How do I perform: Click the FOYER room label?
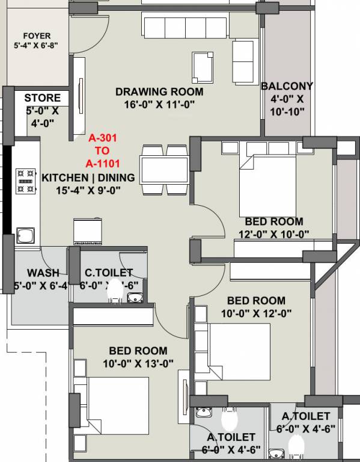click(x=32, y=36)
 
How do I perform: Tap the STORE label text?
click(x=42, y=98)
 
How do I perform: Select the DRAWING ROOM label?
click(x=159, y=92)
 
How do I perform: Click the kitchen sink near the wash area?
click(x=25, y=234)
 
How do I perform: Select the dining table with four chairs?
click(x=163, y=170)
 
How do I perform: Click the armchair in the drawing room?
click(x=203, y=67)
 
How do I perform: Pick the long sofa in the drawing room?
click(x=184, y=27)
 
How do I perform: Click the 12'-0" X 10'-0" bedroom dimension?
click(x=273, y=235)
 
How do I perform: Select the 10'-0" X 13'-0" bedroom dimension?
click(x=138, y=363)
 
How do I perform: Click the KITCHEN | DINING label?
click(x=88, y=178)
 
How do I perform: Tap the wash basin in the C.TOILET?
click(x=135, y=297)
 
